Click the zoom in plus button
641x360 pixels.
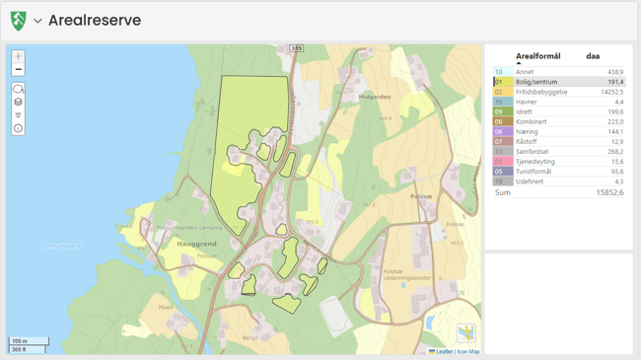[x=18, y=56]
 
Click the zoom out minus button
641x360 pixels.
[x=18, y=70]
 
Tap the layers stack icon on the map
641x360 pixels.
[x=18, y=103]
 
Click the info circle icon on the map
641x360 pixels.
[x=18, y=128]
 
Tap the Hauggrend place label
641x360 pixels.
[x=196, y=244]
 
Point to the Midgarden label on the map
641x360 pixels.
[x=376, y=97]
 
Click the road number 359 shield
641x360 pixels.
[x=297, y=48]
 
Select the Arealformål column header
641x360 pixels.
[x=537, y=56]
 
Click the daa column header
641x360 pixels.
[x=593, y=56]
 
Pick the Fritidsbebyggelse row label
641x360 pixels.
[x=541, y=92]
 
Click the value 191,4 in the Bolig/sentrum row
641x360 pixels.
[x=615, y=82]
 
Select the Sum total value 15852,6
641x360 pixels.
[x=608, y=192]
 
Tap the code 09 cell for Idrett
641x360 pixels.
[x=499, y=112]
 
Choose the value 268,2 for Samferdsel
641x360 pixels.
[x=615, y=152]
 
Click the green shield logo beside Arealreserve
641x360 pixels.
[x=18, y=21]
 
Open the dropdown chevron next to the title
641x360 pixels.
[x=37, y=21]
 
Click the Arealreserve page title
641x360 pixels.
[x=95, y=21]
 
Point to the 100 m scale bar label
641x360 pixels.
[x=19, y=341]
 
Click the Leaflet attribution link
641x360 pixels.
[x=443, y=351]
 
